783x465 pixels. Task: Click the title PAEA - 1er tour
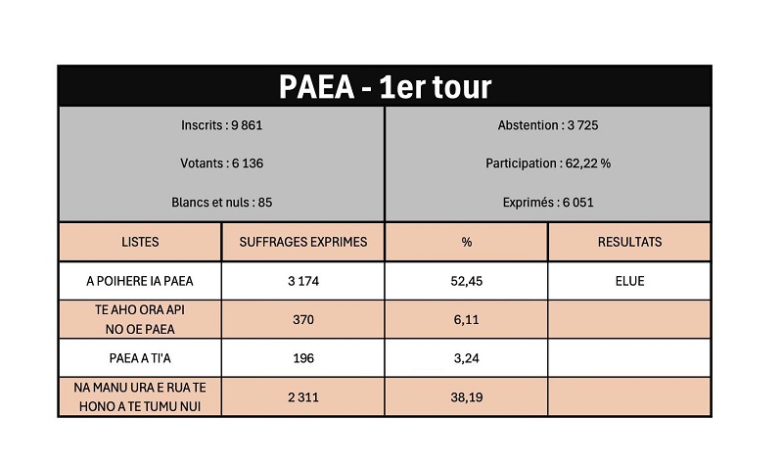pyautogui.click(x=385, y=86)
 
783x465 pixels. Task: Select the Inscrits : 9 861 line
pyautogui.click(x=222, y=125)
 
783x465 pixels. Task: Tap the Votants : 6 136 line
pyautogui.click(x=222, y=163)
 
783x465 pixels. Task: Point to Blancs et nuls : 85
pyautogui.click(x=222, y=203)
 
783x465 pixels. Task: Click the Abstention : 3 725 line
pyautogui.click(x=548, y=125)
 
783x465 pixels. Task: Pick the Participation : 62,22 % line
pyautogui.click(x=548, y=163)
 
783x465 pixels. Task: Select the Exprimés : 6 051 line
pyautogui.click(x=548, y=203)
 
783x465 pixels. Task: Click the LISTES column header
pyautogui.click(x=140, y=242)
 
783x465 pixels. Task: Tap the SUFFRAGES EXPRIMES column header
pyautogui.click(x=303, y=242)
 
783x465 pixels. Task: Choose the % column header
pyautogui.click(x=466, y=242)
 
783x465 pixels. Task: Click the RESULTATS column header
pyautogui.click(x=629, y=242)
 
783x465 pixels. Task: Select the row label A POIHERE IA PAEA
pyautogui.click(x=140, y=281)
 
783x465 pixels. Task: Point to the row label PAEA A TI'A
pyautogui.click(x=140, y=358)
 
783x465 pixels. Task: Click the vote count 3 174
pyautogui.click(x=303, y=281)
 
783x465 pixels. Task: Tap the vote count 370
pyautogui.click(x=303, y=319)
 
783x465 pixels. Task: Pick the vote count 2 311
pyautogui.click(x=303, y=397)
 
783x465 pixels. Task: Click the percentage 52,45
pyautogui.click(x=466, y=281)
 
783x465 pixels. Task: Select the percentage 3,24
pyautogui.click(x=466, y=358)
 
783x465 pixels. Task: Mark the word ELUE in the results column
pyautogui.click(x=629, y=281)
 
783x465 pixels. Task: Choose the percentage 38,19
pyautogui.click(x=466, y=397)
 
